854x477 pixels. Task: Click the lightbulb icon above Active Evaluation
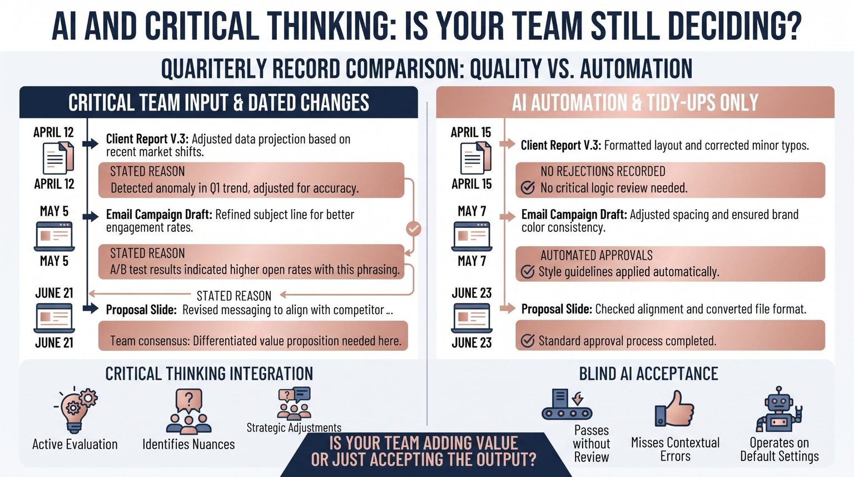[76, 410]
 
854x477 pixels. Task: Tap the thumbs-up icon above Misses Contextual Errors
[674, 409]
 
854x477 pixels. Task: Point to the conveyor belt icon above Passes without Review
[567, 405]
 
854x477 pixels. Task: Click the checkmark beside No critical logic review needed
[528, 187]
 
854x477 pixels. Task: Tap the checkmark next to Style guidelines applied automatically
[528, 271]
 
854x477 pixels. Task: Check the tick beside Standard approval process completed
[528, 340]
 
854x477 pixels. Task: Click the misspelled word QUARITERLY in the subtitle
[213, 68]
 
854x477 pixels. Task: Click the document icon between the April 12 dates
[58, 158]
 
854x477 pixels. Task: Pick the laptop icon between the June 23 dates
[471, 318]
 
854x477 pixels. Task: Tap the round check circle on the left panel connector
[414, 229]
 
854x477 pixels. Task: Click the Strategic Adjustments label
[294, 428]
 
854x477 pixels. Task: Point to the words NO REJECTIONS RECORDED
[603, 171]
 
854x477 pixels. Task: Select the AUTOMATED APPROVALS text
[596, 255]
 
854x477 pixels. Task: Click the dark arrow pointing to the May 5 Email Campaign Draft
[91, 217]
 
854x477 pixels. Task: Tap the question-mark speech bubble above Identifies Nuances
[188, 400]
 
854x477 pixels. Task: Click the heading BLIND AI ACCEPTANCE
[648, 374]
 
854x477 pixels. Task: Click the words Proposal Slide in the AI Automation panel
[557, 309]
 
